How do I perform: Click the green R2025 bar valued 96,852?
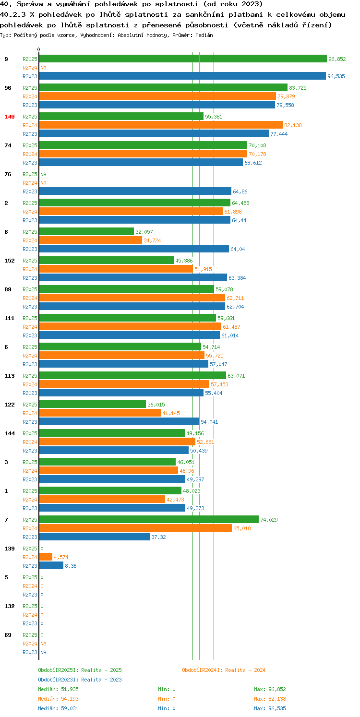pos(183,59)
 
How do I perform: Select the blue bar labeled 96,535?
pos(182,76)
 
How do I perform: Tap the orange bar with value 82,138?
pos(161,125)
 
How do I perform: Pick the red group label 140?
pos(10,117)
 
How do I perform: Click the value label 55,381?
pos(214,117)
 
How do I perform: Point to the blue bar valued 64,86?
pos(135,191)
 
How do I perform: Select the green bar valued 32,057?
pos(86,232)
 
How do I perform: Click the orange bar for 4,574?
pos(46,557)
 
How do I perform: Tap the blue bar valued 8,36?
pos(51,566)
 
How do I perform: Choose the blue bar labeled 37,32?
pos(95,537)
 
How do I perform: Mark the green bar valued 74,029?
pos(149,520)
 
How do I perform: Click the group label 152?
pos(10,261)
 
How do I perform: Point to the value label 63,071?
pos(236,376)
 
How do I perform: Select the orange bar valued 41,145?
pos(100,413)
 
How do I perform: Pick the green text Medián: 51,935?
pos(58,689)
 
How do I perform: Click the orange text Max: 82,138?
pos(270,699)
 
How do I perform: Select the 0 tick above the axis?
pos(39,49)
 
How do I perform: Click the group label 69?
pos(8,635)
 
